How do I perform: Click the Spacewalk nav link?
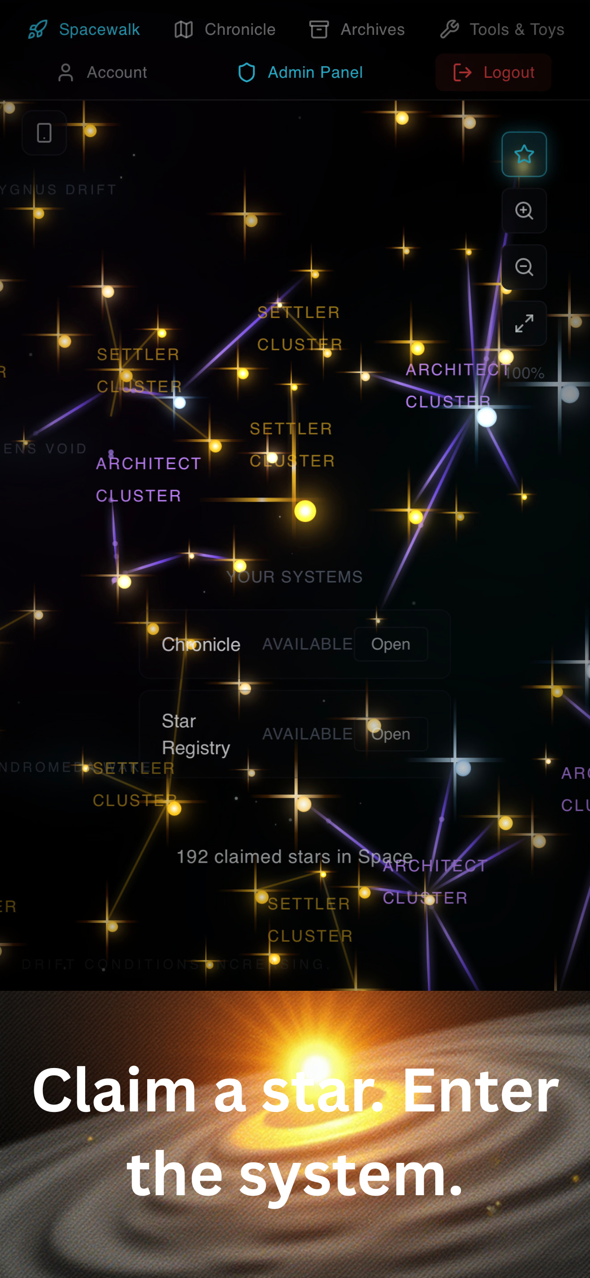99,30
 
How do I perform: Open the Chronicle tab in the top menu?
240,30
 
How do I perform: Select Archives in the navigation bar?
372,30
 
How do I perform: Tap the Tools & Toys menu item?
516,30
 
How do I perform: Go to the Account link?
116,73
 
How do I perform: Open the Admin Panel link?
315,73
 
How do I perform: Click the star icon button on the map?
524,154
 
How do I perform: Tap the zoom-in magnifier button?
524,210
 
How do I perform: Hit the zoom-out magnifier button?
524,267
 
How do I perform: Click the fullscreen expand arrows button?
524,324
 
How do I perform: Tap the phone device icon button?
44,133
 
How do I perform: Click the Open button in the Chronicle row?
391,644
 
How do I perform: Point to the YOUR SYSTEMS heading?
294,577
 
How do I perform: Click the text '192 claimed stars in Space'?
294,857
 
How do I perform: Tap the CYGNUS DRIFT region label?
58,190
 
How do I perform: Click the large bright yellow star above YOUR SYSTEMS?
305,511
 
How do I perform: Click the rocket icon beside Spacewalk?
38,30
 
